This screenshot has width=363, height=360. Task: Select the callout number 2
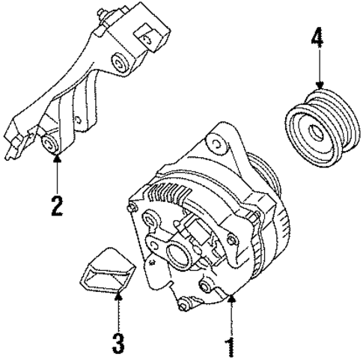[x=57, y=204]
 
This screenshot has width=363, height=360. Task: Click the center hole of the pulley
[x=314, y=133]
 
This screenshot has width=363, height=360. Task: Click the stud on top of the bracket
[x=97, y=13]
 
